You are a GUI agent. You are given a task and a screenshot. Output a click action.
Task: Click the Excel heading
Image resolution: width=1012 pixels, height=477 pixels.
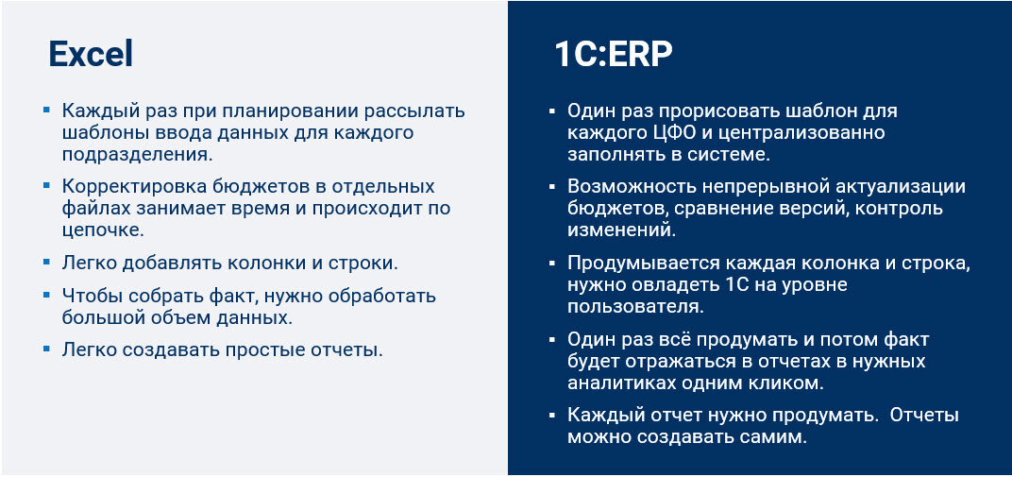pos(91,55)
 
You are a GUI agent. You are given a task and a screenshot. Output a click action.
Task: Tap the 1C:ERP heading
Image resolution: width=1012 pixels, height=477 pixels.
pos(613,55)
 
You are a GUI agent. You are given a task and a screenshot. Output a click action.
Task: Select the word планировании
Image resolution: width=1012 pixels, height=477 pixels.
pos(256,111)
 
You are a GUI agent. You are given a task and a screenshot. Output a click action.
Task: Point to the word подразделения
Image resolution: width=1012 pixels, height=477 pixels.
pos(135,154)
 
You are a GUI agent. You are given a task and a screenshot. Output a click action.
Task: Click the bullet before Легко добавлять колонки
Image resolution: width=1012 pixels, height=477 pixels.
pos(46,261)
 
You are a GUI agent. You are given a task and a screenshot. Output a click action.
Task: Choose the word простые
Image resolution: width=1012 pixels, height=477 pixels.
pos(267,349)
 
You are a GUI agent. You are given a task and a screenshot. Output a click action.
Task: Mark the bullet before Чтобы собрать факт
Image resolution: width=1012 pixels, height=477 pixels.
pos(46,295)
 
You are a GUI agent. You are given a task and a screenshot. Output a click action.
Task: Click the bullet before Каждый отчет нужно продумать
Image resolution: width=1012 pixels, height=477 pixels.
pos(552,416)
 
